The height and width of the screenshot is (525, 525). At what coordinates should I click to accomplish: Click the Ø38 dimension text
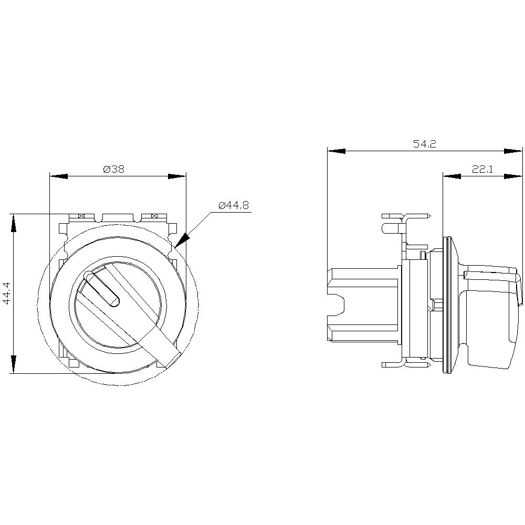pyautogui.click(x=113, y=169)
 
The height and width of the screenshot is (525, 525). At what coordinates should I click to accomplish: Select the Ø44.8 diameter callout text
pyautogui.click(x=234, y=205)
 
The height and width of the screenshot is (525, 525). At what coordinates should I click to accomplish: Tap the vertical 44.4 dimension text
pyautogui.click(x=6, y=293)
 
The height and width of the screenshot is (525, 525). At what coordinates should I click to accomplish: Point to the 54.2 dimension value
pyautogui.click(x=424, y=144)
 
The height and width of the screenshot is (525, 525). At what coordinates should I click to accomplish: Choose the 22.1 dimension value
pyautogui.click(x=482, y=169)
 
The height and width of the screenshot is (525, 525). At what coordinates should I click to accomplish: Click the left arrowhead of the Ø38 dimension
pyautogui.click(x=58, y=176)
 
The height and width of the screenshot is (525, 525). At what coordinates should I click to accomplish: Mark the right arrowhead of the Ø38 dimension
pyautogui.click(x=177, y=176)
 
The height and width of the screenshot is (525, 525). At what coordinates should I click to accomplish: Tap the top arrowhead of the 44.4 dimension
pyautogui.click(x=13, y=223)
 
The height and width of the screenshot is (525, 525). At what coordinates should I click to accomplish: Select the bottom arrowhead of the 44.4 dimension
pyautogui.click(x=13, y=364)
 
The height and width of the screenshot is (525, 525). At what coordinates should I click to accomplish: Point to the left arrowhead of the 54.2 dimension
pyautogui.click(x=337, y=151)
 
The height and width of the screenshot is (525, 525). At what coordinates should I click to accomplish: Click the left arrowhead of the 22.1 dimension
pyautogui.click(x=452, y=176)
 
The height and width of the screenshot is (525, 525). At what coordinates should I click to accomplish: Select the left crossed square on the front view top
pyautogui.click(x=81, y=216)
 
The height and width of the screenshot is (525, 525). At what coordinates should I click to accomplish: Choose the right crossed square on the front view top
pyautogui.click(x=154, y=216)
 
